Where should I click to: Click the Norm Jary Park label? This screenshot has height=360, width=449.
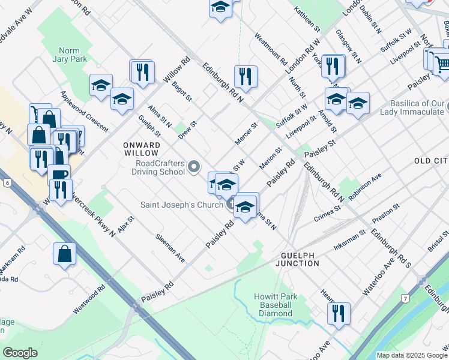73,55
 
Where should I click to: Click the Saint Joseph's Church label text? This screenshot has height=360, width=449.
182,204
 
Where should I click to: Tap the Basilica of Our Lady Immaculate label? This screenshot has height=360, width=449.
416,107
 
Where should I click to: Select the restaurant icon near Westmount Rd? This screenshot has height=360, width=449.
246,76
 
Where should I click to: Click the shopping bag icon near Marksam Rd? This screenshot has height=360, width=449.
64,254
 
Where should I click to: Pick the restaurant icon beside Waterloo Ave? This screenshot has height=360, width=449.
339,313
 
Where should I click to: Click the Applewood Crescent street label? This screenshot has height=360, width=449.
84,112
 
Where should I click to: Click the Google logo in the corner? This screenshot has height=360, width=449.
20,353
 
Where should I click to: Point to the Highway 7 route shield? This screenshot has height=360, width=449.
406,298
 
